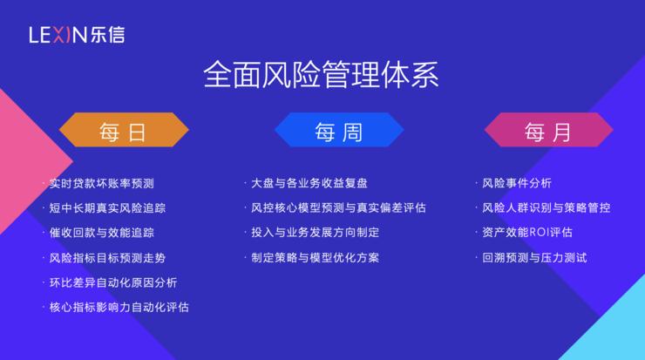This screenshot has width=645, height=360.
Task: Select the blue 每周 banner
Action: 338,132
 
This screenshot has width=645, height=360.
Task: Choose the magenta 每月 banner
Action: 548,132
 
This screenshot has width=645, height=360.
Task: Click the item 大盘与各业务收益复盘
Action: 309,184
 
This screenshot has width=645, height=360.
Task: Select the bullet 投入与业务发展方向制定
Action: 315,233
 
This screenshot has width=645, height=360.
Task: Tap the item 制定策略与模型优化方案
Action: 315,258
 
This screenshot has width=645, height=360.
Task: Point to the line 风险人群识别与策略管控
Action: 547,208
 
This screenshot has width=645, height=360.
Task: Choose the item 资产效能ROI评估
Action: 527,233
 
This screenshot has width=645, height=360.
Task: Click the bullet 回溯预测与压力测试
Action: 534,258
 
